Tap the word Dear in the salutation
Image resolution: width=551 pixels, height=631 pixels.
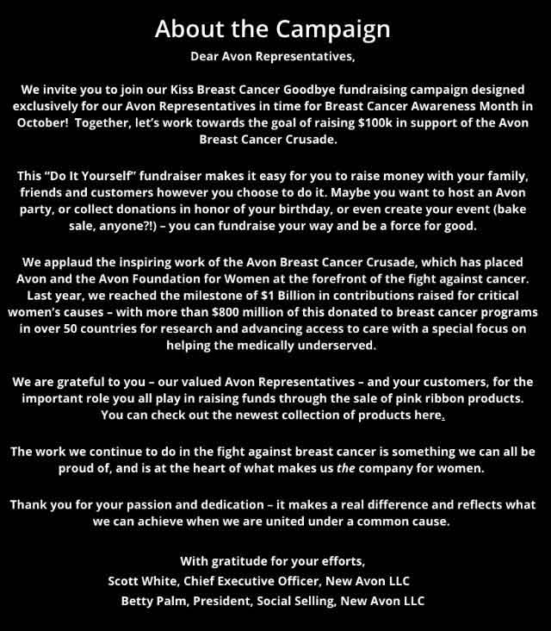coord(205,58)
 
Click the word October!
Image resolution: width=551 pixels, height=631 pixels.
coord(40,122)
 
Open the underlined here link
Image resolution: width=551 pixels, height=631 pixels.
coord(431,415)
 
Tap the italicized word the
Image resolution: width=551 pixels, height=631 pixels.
coord(323,469)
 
